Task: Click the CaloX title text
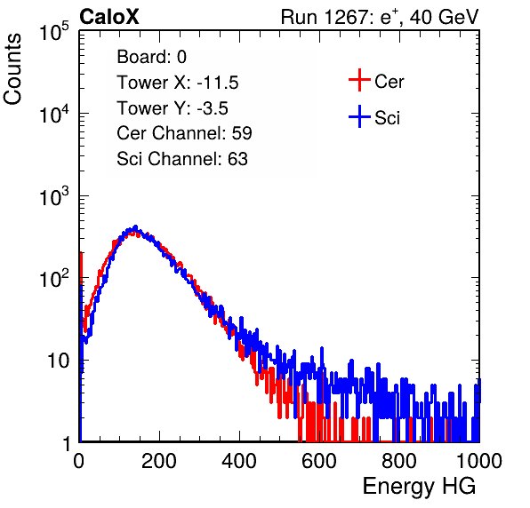pyautogui.click(x=108, y=17)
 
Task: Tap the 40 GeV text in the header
pyautogui.click(x=444, y=17)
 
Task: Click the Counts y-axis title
pyautogui.click(x=12, y=69)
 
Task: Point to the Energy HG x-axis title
pyautogui.click(x=419, y=487)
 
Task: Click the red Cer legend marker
pyautogui.click(x=359, y=80)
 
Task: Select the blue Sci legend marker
pyautogui.click(x=359, y=116)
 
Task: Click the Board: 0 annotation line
pyautogui.click(x=151, y=57)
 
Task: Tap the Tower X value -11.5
pyautogui.click(x=218, y=83)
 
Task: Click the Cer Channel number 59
pyautogui.click(x=242, y=133)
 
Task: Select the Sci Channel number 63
pyautogui.click(x=237, y=159)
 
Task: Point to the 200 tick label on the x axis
pyautogui.click(x=159, y=461)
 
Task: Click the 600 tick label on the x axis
pyautogui.click(x=319, y=461)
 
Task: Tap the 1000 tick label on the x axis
pyautogui.click(x=479, y=461)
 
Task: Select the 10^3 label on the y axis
pyautogui.click(x=54, y=196)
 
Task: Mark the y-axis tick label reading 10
pyautogui.click(x=59, y=361)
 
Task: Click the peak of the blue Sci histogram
pyautogui.click(x=135, y=226)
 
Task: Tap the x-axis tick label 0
pyautogui.click(x=78, y=461)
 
